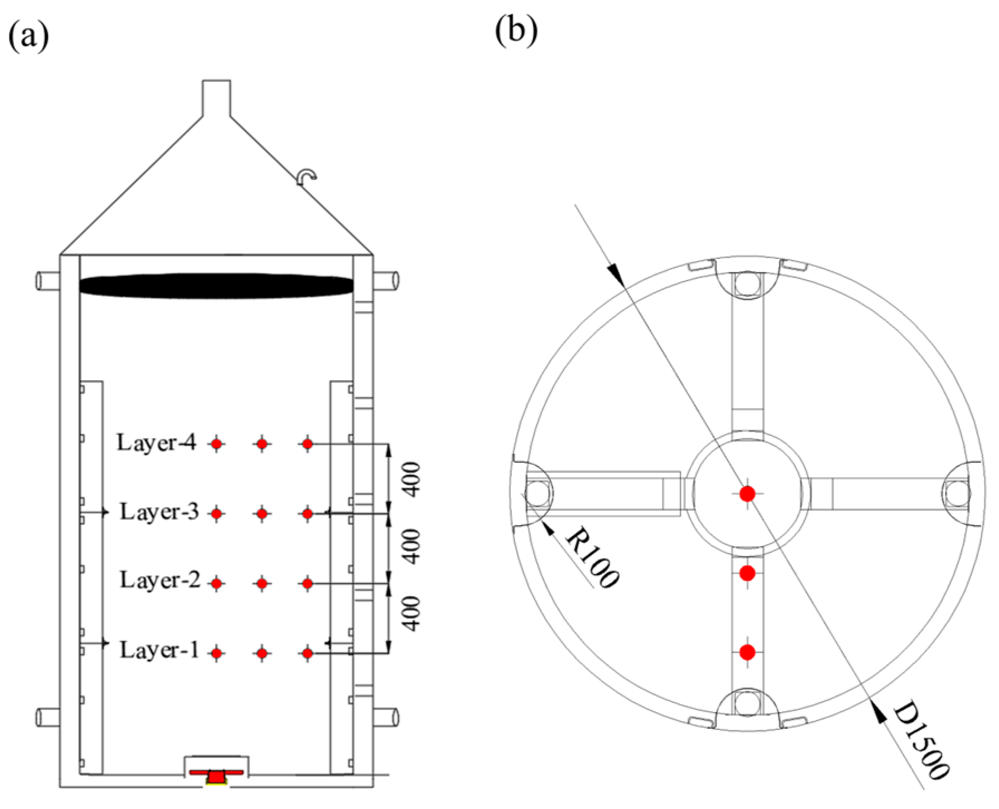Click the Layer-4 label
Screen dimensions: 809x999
click(156, 443)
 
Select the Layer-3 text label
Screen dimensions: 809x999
click(159, 512)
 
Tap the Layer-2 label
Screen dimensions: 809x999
click(160, 580)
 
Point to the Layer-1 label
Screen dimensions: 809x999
click(159, 650)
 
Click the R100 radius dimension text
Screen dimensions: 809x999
click(592, 557)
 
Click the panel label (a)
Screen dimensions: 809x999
click(28, 36)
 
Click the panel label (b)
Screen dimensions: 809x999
click(516, 30)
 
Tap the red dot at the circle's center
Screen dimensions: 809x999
click(747, 493)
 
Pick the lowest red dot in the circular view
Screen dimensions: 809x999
click(747, 652)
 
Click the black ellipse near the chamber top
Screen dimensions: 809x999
click(216, 286)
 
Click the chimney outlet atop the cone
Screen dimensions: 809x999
click(216, 98)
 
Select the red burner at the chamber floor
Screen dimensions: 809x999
click(216, 776)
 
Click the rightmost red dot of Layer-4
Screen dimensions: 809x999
click(307, 444)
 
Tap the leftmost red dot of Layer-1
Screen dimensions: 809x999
click(217, 653)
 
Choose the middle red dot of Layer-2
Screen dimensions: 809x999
click(262, 584)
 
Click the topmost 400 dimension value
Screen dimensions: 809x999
click(412, 479)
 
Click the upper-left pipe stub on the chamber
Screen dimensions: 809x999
click(48, 280)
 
